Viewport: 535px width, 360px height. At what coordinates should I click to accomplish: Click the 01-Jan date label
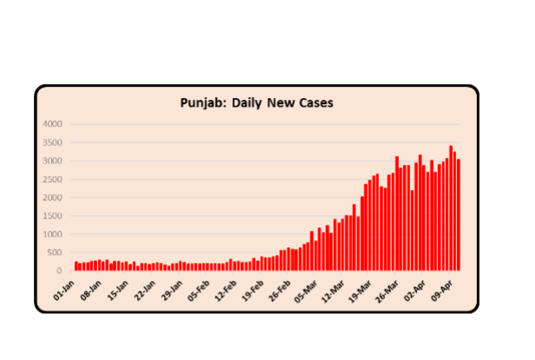[66, 289]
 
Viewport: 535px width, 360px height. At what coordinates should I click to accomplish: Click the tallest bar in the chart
[450, 208]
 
